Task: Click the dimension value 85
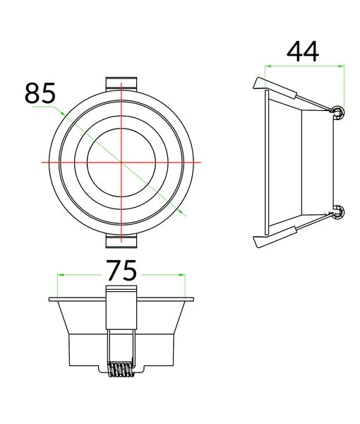pos(40,93)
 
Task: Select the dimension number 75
pos(121,271)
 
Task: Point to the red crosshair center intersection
pos(123,163)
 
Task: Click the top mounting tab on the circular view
pos(123,83)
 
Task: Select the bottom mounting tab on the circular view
pos(123,242)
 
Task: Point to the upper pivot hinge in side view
pos(338,111)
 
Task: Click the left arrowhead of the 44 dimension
pos(267,66)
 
